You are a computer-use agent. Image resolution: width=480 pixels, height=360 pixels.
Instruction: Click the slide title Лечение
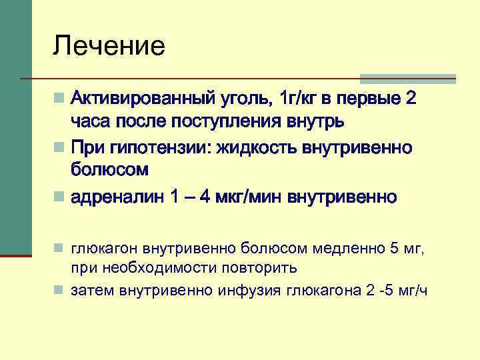pyautogui.click(x=109, y=46)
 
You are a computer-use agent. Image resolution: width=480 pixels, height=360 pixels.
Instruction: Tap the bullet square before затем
pyautogui.click(x=60, y=291)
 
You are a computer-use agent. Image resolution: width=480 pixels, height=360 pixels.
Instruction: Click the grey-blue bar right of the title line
pyautogui.click(x=407, y=77)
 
